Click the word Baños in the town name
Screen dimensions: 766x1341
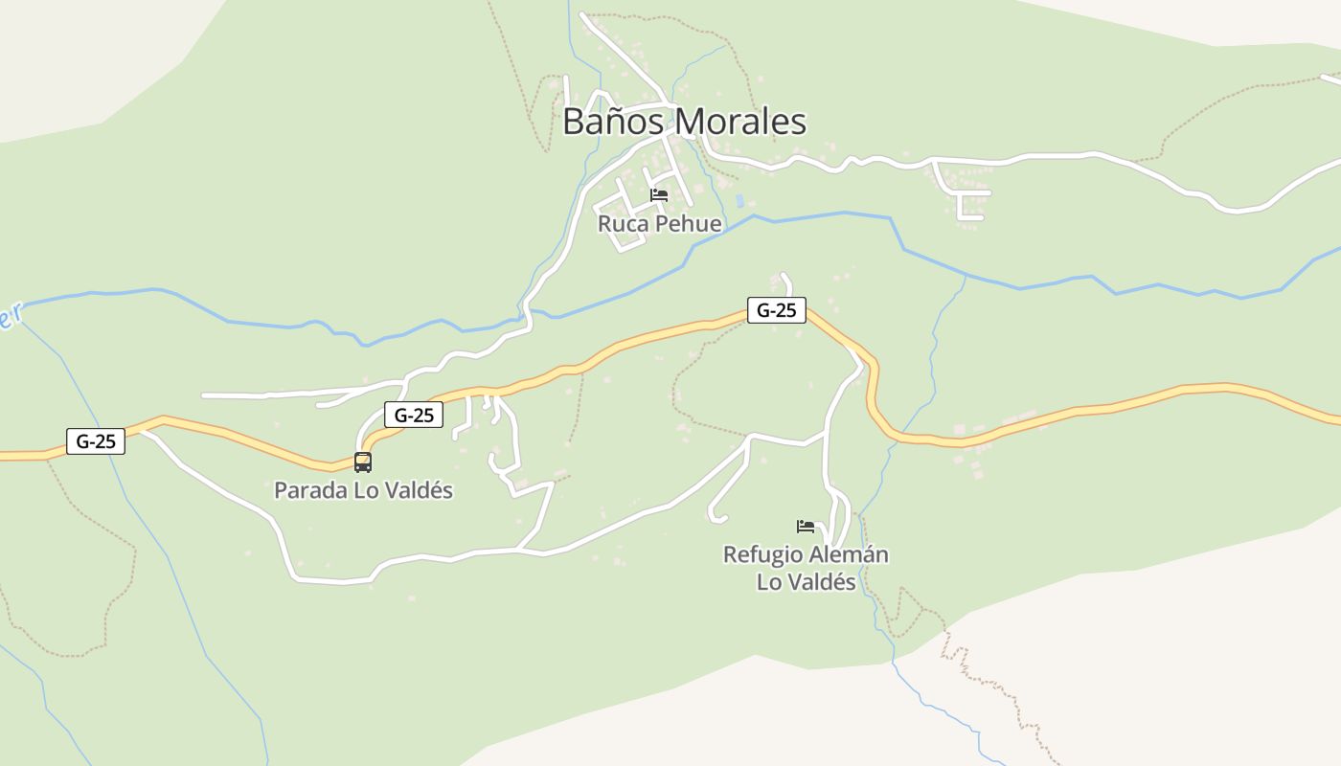(615, 122)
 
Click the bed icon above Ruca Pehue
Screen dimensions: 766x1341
(659, 195)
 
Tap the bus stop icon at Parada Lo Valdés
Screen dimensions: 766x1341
(363, 462)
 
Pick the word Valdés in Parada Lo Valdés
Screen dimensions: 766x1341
(416, 490)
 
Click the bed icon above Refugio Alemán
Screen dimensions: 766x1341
(806, 527)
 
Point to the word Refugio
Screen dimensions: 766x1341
(761, 554)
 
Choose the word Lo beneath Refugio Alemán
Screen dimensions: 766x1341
(769, 581)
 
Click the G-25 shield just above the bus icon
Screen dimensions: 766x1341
(414, 415)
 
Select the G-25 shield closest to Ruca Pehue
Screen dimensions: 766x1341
(777, 310)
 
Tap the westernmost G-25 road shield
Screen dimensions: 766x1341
(96, 441)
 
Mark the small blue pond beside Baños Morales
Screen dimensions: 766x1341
(739, 201)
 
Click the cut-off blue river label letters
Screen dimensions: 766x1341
(10, 317)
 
